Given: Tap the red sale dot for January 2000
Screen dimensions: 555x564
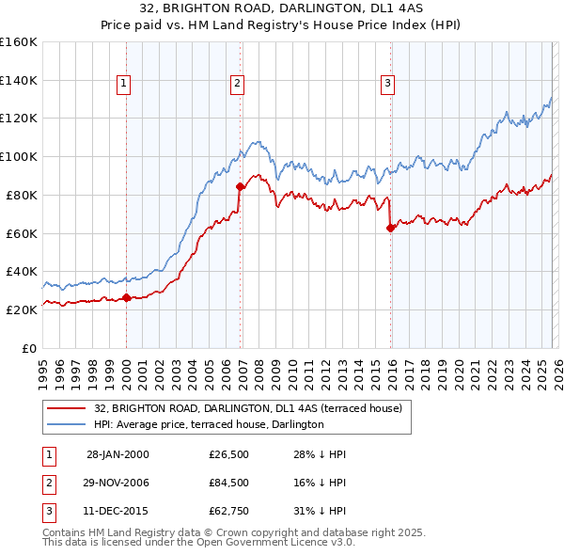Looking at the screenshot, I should click(127, 298).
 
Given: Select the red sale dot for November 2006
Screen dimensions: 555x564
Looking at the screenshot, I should click(241, 186).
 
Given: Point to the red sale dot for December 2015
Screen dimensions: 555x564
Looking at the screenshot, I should click(390, 228).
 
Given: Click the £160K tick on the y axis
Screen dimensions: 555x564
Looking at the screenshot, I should click(18, 42).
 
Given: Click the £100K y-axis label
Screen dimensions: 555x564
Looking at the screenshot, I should click(18, 156).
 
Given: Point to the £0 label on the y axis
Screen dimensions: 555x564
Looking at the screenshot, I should click(28, 348).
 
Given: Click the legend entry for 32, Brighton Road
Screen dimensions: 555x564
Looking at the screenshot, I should click(248, 408).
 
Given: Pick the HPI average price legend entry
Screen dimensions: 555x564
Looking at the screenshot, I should click(209, 424).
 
